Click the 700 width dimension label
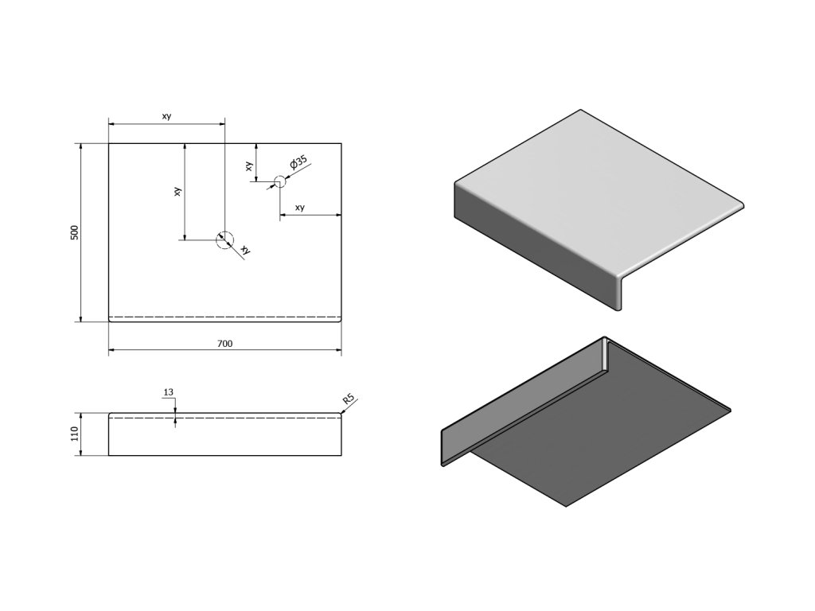coord(224,344)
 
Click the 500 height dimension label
coord(75,232)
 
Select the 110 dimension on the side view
coord(75,434)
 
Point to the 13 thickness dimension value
coord(168,392)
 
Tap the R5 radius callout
coord(348,399)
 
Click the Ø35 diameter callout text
coord(298,163)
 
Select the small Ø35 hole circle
coord(279,181)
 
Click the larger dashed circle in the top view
coord(224,239)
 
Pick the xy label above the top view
coord(166,117)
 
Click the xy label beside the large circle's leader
coord(246,250)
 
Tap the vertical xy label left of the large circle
coord(178,192)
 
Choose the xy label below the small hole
coord(300,208)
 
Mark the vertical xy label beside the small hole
coord(249,165)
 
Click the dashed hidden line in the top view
coord(224,317)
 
